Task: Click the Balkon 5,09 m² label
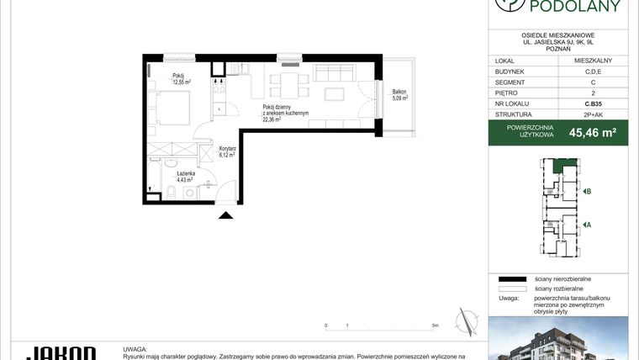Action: click(x=399, y=95)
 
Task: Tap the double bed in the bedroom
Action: click(x=173, y=107)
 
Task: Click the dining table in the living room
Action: click(x=283, y=82)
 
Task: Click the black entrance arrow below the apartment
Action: click(x=225, y=215)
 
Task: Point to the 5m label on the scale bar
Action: click(x=434, y=324)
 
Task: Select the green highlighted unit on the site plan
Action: click(x=560, y=166)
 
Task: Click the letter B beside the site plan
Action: click(x=589, y=192)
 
